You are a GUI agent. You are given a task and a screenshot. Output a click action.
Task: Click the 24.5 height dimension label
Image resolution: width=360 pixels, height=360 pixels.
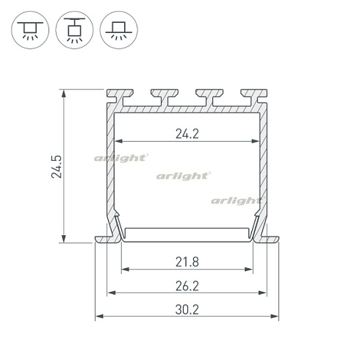pyautogui.click(x=57, y=167)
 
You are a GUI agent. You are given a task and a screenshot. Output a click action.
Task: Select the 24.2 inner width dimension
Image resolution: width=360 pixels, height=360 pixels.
pyautogui.click(x=187, y=134)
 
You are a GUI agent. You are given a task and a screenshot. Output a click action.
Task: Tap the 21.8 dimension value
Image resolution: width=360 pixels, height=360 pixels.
pyautogui.click(x=187, y=262)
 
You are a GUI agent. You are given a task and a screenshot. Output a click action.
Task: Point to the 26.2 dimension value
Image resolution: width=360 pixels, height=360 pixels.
pyautogui.click(x=187, y=286)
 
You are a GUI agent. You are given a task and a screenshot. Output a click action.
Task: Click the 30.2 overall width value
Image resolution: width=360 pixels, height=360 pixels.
pyautogui.click(x=187, y=309)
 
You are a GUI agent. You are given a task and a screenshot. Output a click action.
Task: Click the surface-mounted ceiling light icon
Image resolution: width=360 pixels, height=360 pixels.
pyautogui.click(x=30, y=30)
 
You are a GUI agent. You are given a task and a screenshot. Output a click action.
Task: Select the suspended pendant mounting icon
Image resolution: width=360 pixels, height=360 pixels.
pyautogui.click(x=74, y=30)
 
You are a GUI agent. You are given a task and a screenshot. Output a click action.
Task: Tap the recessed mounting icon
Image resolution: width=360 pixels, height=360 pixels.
pyautogui.click(x=119, y=30)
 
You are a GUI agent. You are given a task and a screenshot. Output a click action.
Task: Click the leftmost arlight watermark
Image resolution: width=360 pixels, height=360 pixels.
pyautogui.click(x=121, y=158)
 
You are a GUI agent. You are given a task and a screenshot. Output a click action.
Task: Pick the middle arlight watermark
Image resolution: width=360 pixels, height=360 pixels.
pyautogui.click(x=183, y=176)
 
